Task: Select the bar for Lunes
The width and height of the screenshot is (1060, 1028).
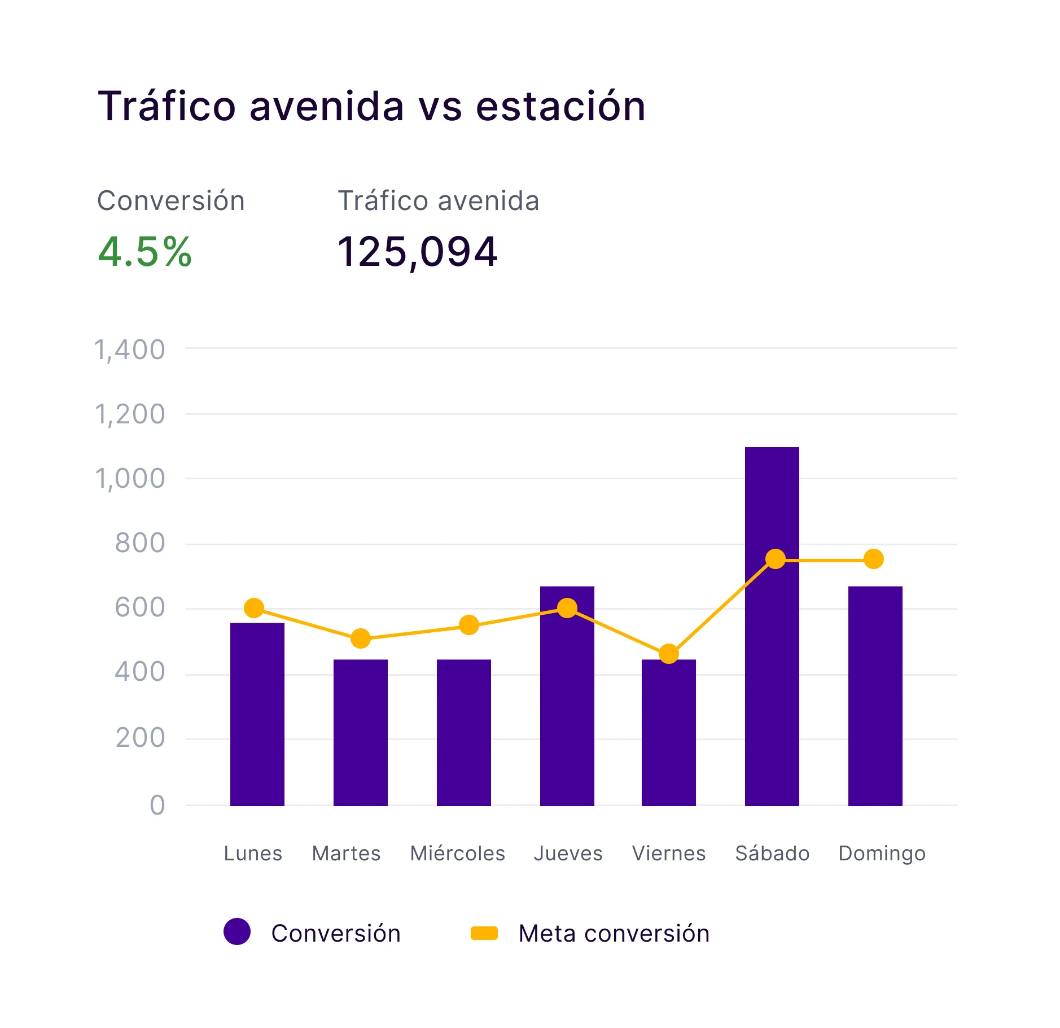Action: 257,714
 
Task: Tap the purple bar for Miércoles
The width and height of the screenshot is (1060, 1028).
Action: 463,732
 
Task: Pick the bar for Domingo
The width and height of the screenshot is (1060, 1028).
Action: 875,695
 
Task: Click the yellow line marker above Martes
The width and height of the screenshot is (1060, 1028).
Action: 360,639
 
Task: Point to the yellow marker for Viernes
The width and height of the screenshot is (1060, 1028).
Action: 668,654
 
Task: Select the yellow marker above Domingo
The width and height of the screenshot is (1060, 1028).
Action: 874,559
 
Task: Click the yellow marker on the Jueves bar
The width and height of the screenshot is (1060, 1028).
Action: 567,608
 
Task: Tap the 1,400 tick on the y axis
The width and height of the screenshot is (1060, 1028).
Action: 130,350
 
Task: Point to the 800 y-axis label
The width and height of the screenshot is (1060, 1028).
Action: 139,543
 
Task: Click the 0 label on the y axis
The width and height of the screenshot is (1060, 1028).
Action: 157,806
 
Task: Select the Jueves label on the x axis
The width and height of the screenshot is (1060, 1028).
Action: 568,853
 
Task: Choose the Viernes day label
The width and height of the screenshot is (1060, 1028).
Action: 669,853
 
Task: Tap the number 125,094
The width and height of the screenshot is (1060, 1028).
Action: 417,252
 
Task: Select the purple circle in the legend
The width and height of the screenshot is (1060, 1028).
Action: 237,931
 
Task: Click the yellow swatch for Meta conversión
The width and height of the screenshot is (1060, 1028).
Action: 484,933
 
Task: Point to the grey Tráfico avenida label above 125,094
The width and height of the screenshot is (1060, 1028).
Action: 438,201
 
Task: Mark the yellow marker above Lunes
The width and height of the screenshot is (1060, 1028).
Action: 254,608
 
